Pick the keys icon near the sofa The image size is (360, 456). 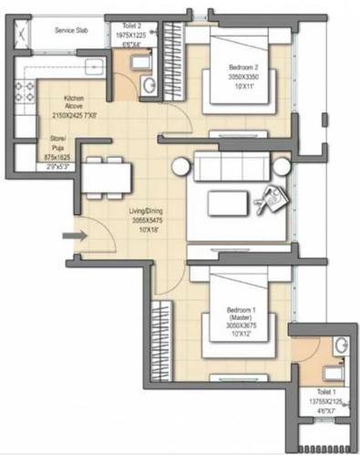(x=269, y=200)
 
